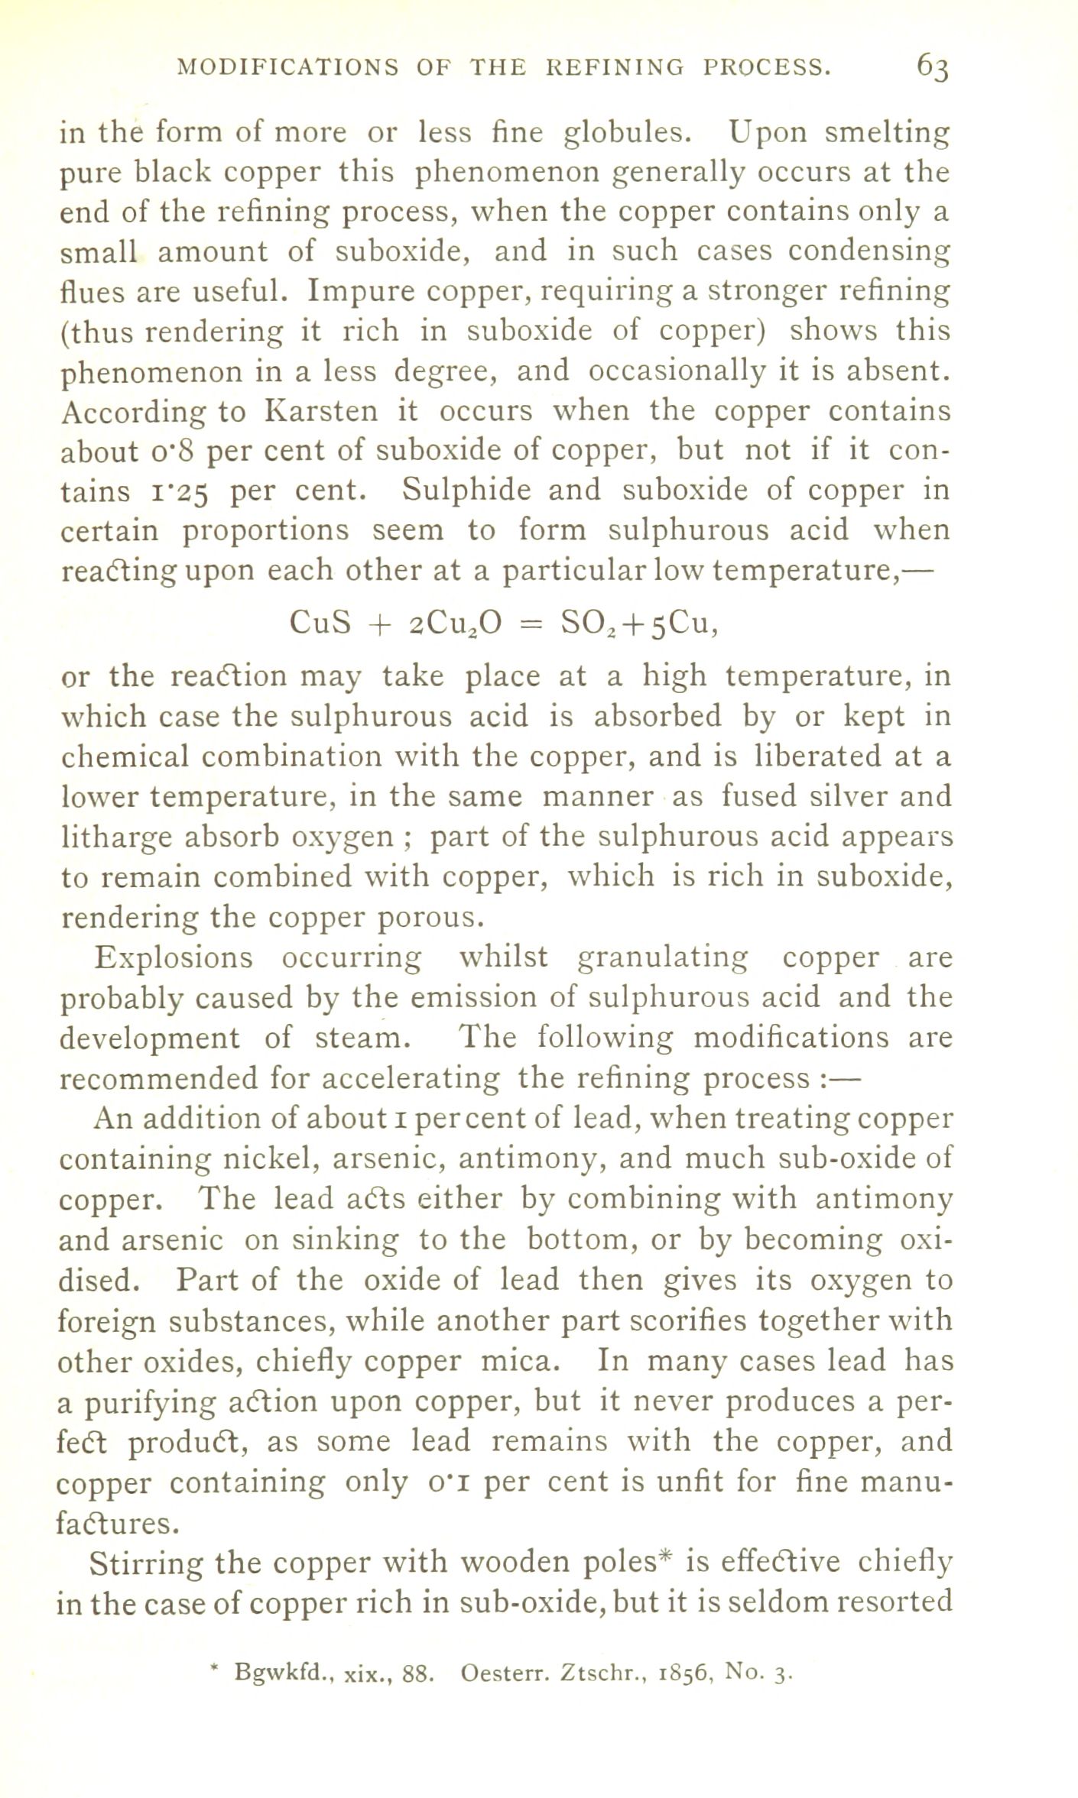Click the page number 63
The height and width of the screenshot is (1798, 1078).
pyautogui.click(x=933, y=67)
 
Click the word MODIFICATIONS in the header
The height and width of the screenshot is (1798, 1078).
pyautogui.click(x=287, y=68)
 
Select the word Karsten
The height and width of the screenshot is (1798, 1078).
pyautogui.click(x=320, y=412)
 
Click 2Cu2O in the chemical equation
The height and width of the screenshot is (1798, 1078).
pyautogui.click(x=453, y=625)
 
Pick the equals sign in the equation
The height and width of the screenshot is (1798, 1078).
pyautogui.click(x=531, y=627)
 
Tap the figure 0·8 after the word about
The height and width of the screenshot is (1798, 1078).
pyautogui.click(x=176, y=452)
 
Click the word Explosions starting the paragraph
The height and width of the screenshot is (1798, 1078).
pyautogui.click(x=172, y=957)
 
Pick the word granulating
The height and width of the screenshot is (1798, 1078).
pyautogui.click(x=662, y=957)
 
